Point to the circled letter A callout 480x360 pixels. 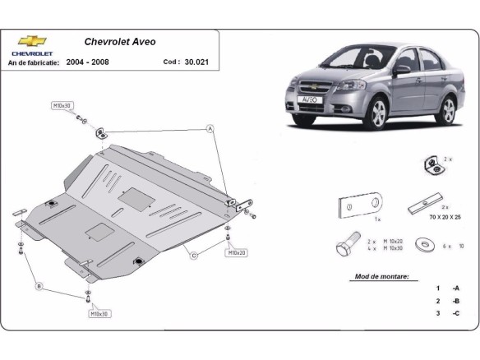pos(210,129)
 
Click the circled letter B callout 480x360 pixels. pos(39,285)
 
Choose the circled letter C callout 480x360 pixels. pos(195,256)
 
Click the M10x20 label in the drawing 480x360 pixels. pos(236,253)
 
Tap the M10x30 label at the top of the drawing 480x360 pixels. pos(62,106)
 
